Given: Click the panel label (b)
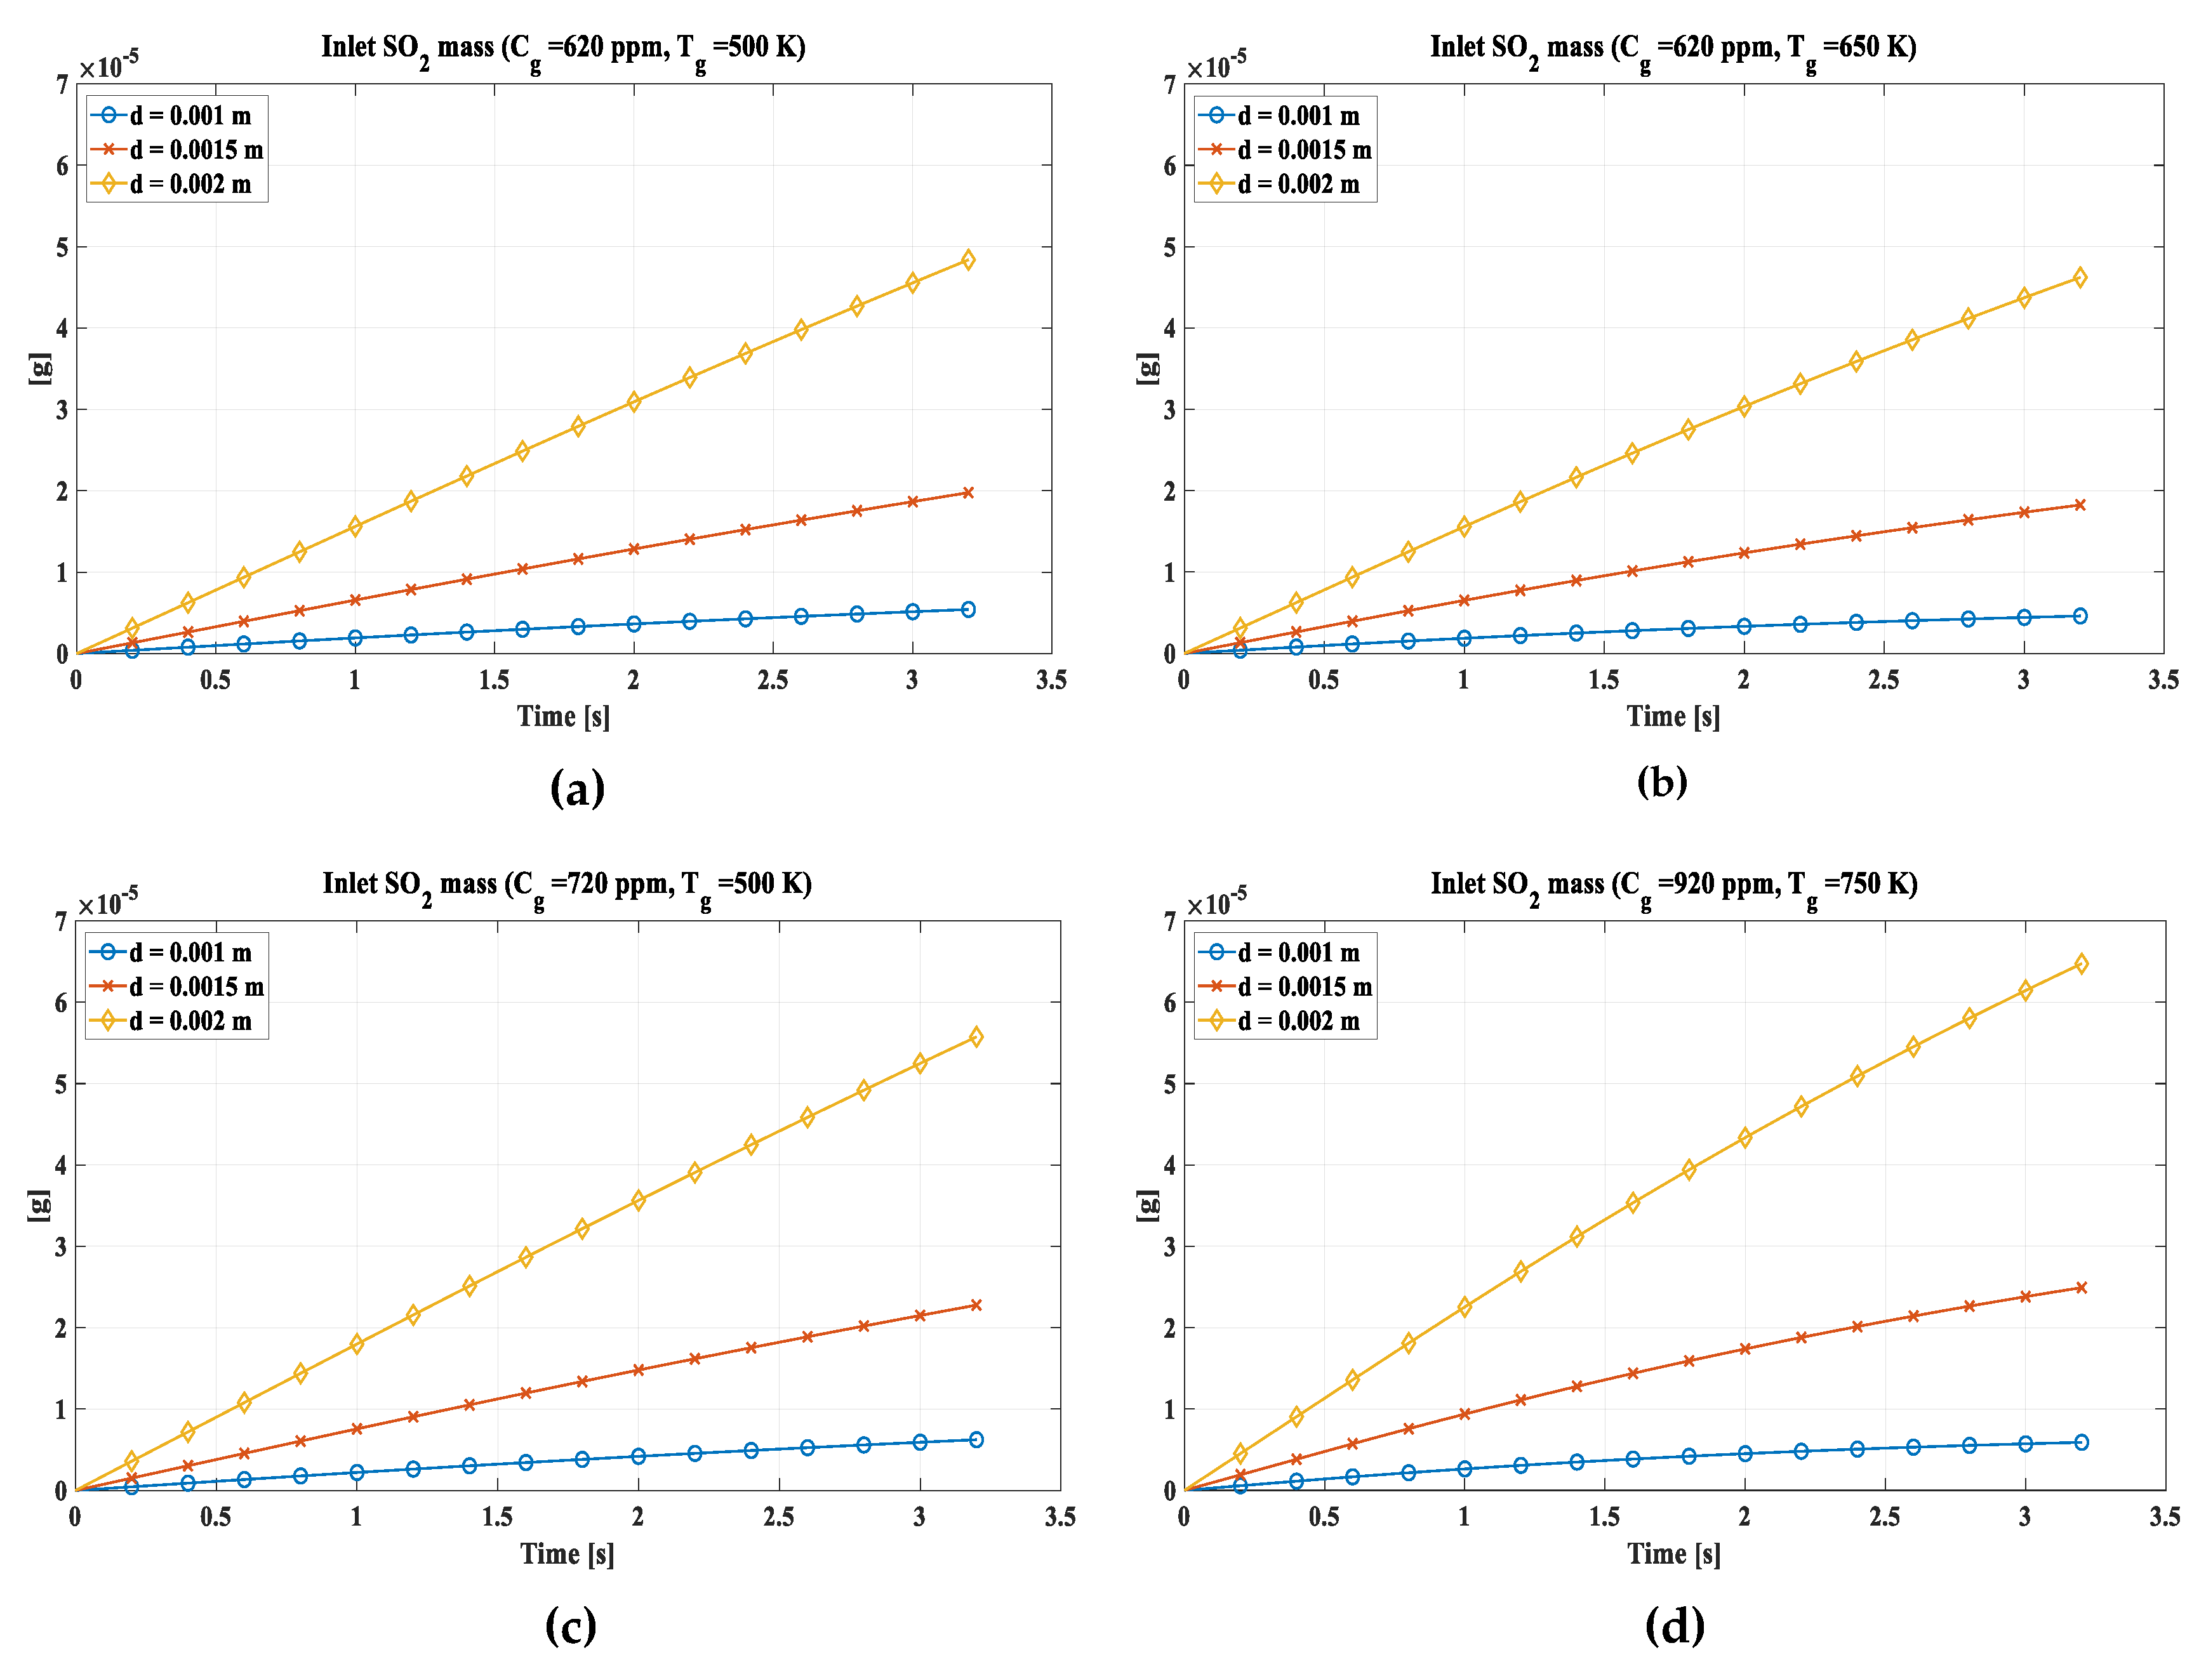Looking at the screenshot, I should tap(1661, 781).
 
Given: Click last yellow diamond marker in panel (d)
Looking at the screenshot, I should tap(2080, 964).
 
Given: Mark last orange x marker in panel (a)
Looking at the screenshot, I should tap(967, 493).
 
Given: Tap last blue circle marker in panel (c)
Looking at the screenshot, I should tap(976, 1439).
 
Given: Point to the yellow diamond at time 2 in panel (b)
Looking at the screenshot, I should tap(1743, 406).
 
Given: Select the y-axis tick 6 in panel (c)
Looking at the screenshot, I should tap(61, 1003).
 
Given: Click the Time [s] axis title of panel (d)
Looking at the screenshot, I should tap(1673, 1554).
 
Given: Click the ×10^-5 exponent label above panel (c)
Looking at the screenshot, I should tap(108, 903).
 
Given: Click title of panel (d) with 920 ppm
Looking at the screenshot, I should tap(1673, 884).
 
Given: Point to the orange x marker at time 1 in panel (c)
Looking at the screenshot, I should tap(356, 1429).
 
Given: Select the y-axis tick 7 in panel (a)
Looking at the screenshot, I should tap(62, 85).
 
